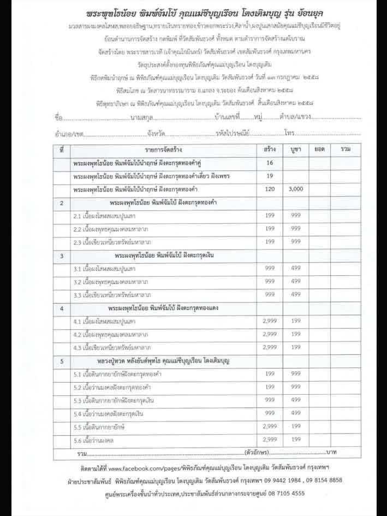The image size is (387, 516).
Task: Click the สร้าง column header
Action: tap(269, 149)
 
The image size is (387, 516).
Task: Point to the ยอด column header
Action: tap(319, 149)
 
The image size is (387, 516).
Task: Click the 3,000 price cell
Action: tap(296, 188)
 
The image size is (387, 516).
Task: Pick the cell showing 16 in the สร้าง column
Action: tap(269, 163)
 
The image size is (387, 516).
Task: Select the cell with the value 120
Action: tap(269, 188)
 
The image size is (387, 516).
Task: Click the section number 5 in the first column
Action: tap(62, 360)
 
